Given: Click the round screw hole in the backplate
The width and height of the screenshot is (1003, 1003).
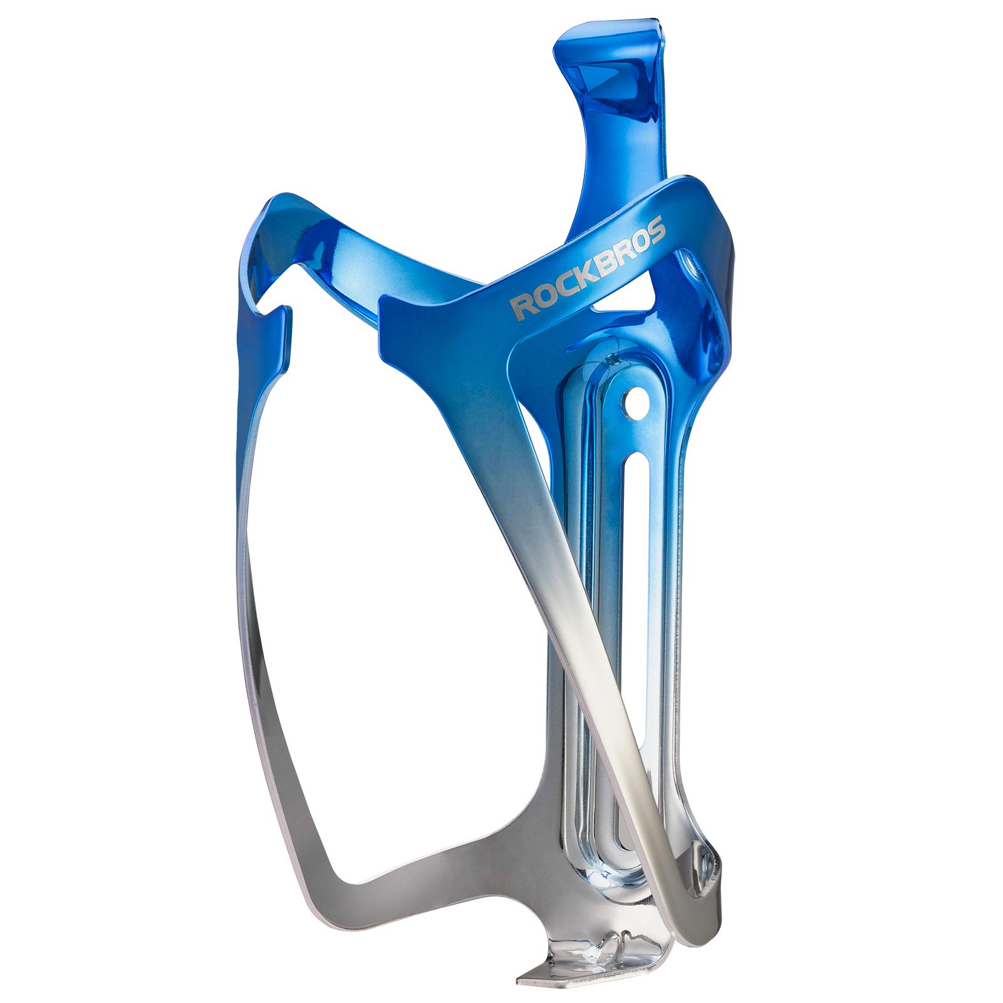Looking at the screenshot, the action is tap(635, 399).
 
